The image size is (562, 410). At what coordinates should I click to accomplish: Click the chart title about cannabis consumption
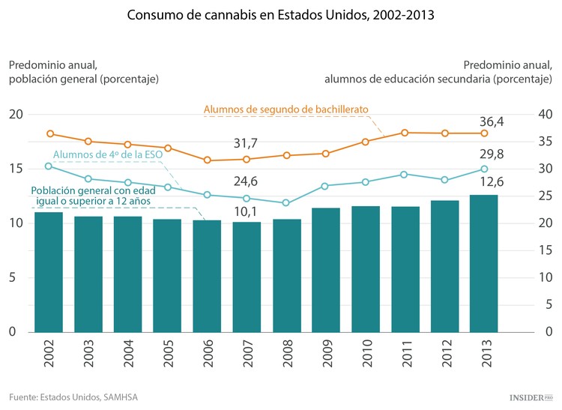[x=280, y=15]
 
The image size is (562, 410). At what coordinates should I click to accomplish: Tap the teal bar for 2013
[x=484, y=264]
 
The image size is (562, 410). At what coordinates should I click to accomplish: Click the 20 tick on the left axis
[x=16, y=115]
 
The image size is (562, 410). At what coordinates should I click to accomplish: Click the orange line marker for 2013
[x=484, y=133]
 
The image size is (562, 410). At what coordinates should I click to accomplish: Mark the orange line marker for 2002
[x=50, y=133]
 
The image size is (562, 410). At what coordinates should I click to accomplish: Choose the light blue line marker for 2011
[x=405, y=174]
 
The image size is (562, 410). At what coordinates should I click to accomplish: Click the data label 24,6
[x=245, y=181]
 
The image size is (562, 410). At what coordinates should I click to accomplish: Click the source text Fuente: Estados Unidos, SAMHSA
[x=73, y=396]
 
